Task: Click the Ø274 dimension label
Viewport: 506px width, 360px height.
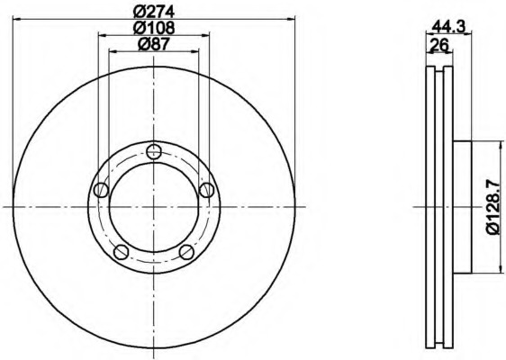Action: pyautogui.click(x=154, y=13)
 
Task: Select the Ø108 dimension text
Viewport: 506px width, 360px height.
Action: pyautogui.click(x=154, y=28)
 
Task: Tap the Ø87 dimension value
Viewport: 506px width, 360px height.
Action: pyautogui.click(x=154, y=44)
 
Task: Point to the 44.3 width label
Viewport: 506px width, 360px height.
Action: pyautogui.click(x=449, y=26)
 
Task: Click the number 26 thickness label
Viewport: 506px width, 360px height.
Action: pyautogui.click(x=439, y=44)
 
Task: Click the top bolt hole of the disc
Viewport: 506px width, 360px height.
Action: pyautogui.click(x=154, y=151)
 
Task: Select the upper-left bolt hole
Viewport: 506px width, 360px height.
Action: pyautogui.click(x=101, y=190)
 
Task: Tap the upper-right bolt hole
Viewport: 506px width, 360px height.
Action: pyautogui.click(x=206, y=190)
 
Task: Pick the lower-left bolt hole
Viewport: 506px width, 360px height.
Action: pyautogui.click(x=122, y=252)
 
